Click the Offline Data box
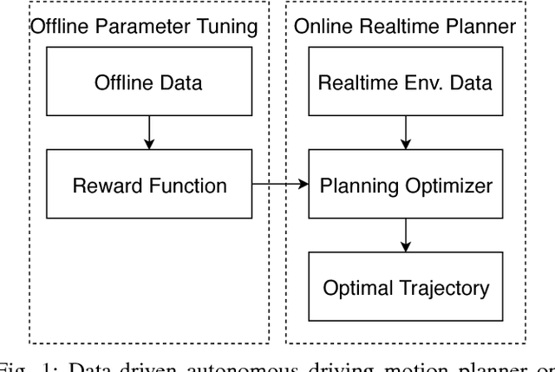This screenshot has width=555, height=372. [x=148, y=84]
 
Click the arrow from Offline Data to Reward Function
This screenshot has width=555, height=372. [x=148, y=134]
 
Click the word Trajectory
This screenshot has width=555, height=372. [x=437, y=287]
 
